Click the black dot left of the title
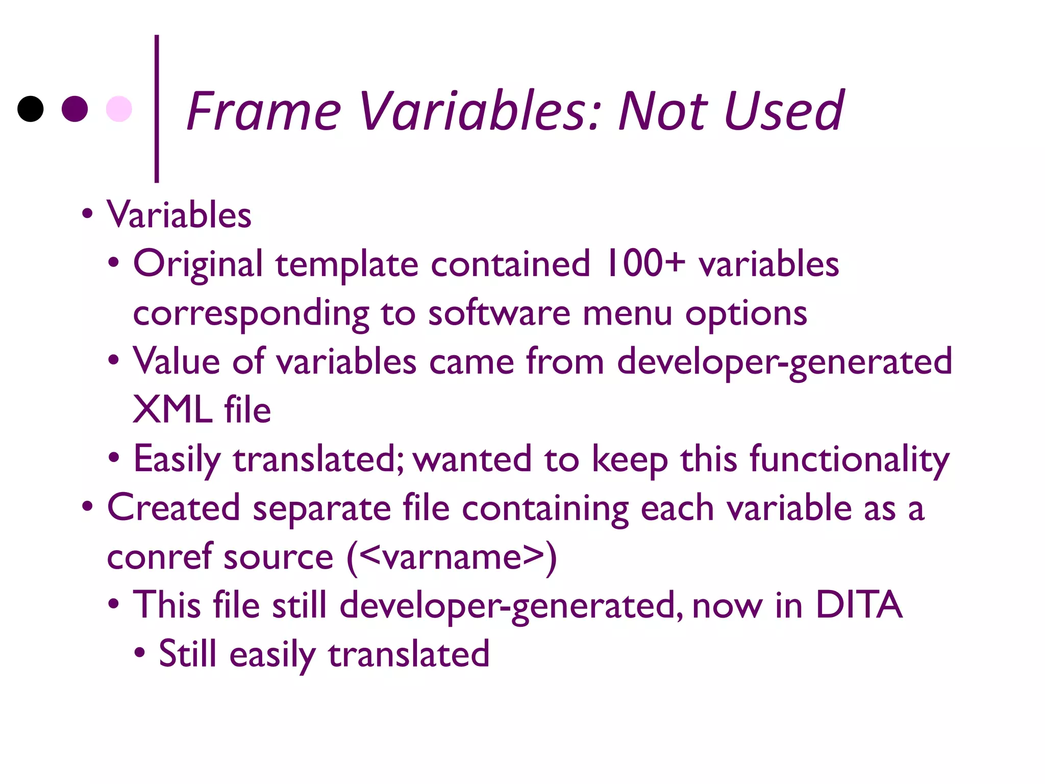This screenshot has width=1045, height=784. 31,109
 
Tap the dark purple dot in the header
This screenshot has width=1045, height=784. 75,109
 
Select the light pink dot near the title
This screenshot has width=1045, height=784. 119,109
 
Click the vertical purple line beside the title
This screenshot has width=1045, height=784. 157,108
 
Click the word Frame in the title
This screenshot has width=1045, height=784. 263,111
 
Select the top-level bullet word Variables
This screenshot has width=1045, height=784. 179,214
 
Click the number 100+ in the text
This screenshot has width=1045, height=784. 644,263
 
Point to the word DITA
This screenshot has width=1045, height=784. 859,604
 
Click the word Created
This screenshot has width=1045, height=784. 173,507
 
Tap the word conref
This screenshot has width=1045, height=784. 159,556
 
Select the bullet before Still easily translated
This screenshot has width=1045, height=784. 140,652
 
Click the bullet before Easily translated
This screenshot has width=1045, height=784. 114,457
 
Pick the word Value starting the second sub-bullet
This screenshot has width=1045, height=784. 177,361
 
